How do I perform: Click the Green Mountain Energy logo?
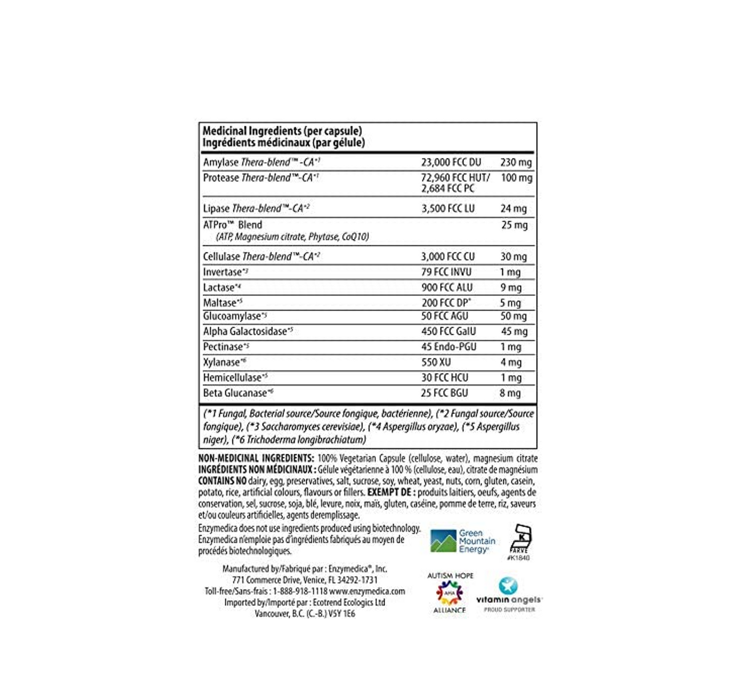463,541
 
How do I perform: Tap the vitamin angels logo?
508,594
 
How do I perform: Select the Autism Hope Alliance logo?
449,593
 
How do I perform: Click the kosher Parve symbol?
521,541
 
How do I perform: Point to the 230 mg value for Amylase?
516,162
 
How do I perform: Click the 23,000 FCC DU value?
451,162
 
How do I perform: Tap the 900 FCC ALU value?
447,287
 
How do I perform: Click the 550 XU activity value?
436,362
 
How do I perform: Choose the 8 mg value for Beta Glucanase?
510,393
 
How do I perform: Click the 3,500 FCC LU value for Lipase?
448,208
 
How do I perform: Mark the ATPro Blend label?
233,225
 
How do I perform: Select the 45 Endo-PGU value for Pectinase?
448,347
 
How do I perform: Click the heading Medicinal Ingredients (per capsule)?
282,131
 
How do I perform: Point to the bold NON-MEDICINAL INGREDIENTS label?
256,458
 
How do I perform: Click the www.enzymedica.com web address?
367,591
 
